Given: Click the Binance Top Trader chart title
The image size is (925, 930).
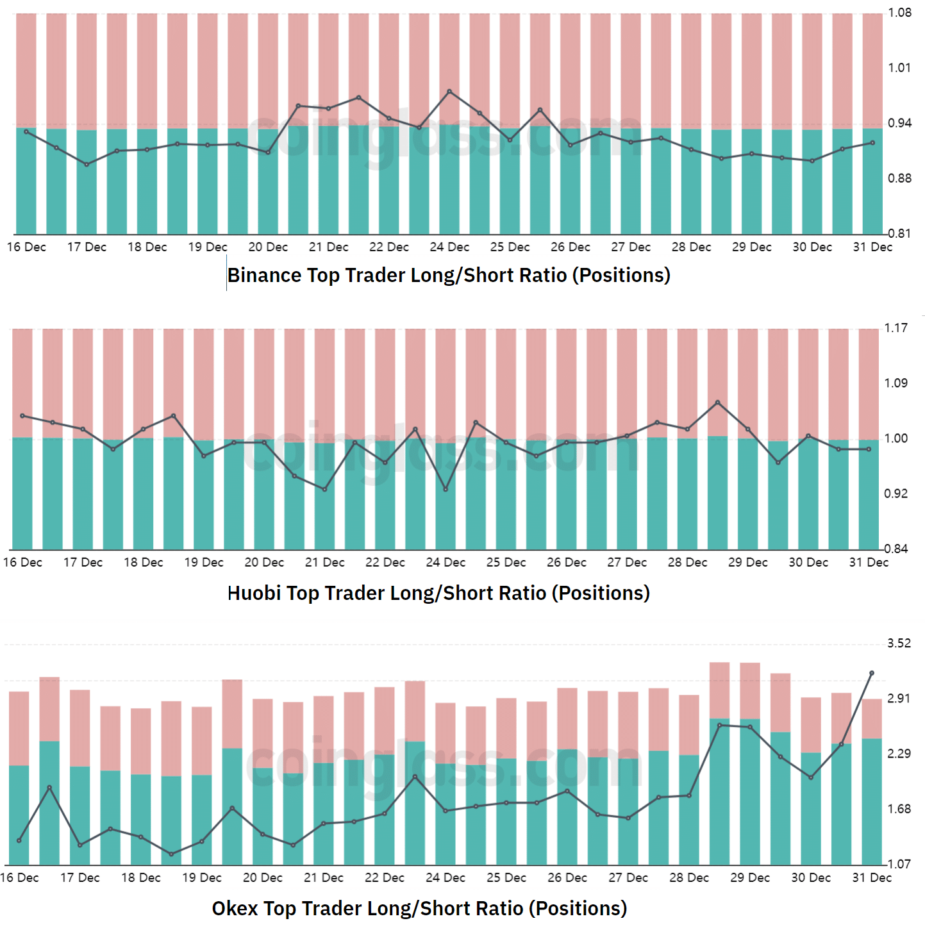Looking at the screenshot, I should [449, 275].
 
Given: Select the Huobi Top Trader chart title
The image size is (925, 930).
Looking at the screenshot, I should [438, 593].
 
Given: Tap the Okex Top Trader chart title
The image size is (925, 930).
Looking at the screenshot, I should [419, 908].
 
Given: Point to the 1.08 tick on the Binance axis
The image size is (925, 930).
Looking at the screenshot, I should [899, 13].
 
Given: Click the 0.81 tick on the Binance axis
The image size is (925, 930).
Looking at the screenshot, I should [899, 233].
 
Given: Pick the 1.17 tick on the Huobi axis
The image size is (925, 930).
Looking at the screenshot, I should [896, 328].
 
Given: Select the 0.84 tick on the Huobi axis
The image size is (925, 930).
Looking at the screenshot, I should [896, 549].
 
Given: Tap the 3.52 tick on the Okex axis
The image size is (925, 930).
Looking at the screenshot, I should [899, 644].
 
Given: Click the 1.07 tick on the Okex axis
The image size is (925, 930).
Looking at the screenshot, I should [899, 864].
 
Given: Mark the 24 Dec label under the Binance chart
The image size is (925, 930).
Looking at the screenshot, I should [449, 247].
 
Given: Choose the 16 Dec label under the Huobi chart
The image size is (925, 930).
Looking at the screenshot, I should [22, 563].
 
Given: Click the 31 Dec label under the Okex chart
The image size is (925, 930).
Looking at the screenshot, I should [872, 878].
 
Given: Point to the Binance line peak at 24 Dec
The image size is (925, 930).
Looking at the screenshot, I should [449, 92].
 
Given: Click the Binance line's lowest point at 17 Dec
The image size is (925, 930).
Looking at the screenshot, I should [87, 165].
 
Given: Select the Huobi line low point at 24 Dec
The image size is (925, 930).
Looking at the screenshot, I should [446, 490].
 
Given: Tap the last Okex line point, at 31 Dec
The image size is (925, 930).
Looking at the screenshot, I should [872, 673].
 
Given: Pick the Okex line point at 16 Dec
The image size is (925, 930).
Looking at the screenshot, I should [19, 840].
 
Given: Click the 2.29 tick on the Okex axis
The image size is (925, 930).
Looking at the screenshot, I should [899, 754].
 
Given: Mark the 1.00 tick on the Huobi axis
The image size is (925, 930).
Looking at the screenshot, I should [896, 438].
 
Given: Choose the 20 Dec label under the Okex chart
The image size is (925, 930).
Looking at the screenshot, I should [263, 878].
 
